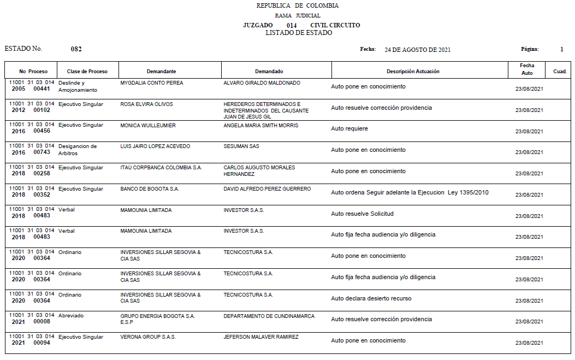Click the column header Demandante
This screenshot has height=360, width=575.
tap(161, 72)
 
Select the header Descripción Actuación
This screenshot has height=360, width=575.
tap(413, 72)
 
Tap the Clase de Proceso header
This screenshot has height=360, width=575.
tap(87, 72)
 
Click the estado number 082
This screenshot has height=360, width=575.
tap(76, 49)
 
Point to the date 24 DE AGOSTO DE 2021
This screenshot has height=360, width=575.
tap(417, 50)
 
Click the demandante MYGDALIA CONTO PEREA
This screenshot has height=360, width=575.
tap(152, 83)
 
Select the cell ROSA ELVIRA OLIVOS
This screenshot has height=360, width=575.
tap(146, 104)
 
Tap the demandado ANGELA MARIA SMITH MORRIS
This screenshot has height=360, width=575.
tap(261, 126)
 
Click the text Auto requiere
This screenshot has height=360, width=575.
tap(349, 129)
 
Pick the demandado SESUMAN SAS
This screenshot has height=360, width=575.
tap(241, 146)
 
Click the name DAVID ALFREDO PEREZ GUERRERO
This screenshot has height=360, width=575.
tap(267, 189)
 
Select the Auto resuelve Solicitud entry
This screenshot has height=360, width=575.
tap(362, 214)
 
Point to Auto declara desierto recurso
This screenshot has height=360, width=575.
tap(371, 298)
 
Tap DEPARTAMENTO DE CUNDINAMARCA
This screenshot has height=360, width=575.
tap(269, 316)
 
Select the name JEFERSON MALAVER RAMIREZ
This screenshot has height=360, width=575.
tap(261, 337)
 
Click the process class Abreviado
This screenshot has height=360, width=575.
tap(71, 316)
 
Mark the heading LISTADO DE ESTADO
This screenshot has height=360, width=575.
tap(299, 33)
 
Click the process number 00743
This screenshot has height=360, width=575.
tap(42, 153)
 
